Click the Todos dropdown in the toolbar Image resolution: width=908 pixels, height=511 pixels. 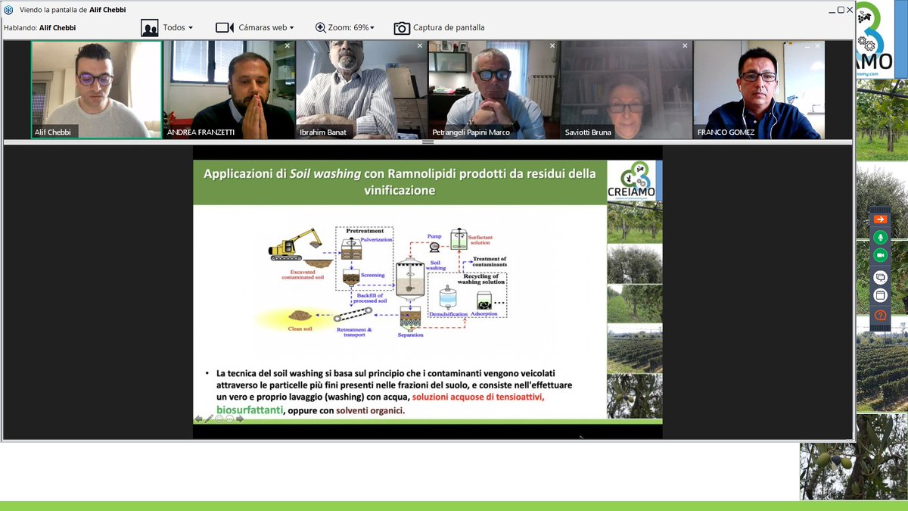click(x=168, y=28)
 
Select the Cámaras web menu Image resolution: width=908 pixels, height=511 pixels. click(x=255, y=28)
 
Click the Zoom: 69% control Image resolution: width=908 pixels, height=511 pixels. click(x=345, y=28)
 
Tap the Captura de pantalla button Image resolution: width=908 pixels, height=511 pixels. click(x=440, y=28)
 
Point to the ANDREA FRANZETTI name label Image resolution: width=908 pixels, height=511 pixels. click(x=201, y=132)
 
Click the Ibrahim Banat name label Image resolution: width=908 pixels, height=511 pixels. click(x=324, y=132)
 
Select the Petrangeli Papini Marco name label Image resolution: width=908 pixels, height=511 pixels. click(x=471, y=132)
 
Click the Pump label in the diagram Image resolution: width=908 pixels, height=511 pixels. click(x=434, y=236)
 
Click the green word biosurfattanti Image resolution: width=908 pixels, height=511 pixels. click(x=250, y=410)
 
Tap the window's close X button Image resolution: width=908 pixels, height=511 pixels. click(x=850, y=10)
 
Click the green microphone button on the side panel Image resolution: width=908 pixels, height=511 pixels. click(x=880, y=237)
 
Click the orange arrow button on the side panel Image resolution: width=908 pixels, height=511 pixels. click(x=880, y=220)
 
